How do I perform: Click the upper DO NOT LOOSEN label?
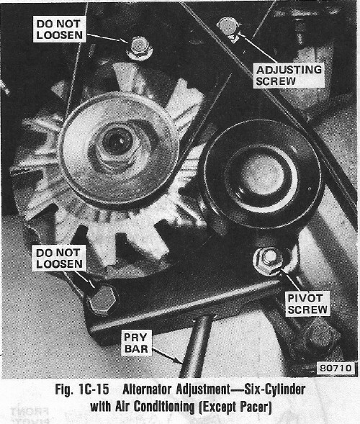[x=60, y=30]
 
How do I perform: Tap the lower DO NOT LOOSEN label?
[x=60, y=258]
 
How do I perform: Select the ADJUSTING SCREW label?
[x=289, y=76]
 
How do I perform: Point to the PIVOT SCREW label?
[x=307, y=304]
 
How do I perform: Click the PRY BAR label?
[x=136, y=343]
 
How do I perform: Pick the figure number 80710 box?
[x=336, y=368]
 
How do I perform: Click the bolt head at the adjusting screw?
[x=229, y=27]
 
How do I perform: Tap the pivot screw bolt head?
[x=269, y=261]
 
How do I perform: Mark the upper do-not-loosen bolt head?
[x=139, y=47]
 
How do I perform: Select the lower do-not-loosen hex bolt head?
[x=103, y=299]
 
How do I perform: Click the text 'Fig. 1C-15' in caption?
[x=82, y=389]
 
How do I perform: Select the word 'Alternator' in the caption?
[x=148, y=389]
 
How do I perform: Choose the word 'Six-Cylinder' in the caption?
[x=274, y=390]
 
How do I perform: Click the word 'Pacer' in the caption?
[x=256, y=407]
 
